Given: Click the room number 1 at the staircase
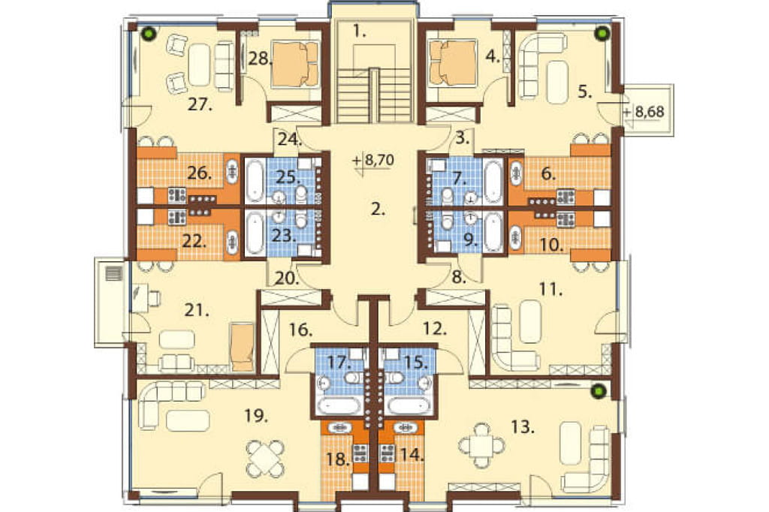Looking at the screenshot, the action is point(359,32).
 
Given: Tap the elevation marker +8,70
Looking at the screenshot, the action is point(373,160).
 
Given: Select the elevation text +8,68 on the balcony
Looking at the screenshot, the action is point(644,112).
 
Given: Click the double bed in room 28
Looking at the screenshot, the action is point(295,64).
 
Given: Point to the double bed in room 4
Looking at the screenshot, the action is point(453,63).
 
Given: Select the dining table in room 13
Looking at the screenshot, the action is point(483,445).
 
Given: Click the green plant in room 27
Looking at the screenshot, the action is point(149,33).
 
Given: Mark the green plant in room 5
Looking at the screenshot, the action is point(602,33).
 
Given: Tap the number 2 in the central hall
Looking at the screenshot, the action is point(378,210).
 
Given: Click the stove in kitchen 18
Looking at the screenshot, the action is point(360,453).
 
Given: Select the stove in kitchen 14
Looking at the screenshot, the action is point(388,453).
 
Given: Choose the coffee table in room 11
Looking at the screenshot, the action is point(530,321).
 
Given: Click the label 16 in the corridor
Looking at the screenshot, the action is point(300,330).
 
